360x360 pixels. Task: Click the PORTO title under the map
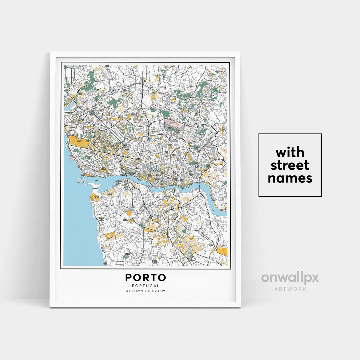[146, 277]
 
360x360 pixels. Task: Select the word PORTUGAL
[146, 286]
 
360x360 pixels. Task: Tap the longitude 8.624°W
[157, 291]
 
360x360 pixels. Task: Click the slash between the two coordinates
[146, 291]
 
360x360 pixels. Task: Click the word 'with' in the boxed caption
[290, 153]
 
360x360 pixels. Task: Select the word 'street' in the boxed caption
[290, 165]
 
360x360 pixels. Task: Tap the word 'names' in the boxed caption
[290, 178]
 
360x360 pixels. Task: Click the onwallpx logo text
[290, 278]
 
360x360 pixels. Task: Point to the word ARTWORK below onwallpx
[290, 289]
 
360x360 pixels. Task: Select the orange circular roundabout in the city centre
[141, 160]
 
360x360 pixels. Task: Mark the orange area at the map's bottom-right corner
[222, 251]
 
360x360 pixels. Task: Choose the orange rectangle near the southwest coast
[110, 236]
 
